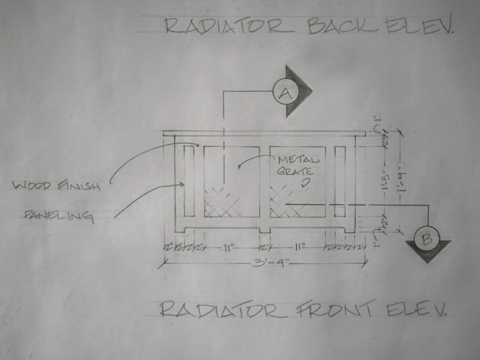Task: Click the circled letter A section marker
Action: [284, 91]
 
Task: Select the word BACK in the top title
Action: [341, 26]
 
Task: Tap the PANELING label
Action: [59, 215]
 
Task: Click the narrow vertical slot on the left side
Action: [189, 182]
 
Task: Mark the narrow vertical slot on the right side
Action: [339, 182]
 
